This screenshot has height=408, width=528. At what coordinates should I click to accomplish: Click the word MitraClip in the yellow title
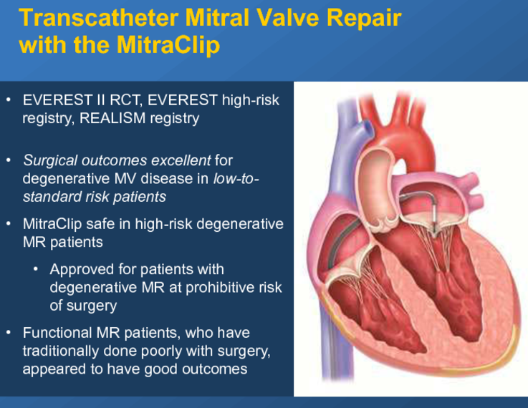[x=168, y=44]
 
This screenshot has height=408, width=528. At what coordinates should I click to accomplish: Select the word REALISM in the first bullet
[x=112, y=118]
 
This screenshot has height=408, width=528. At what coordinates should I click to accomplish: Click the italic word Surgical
[x=50, y=161]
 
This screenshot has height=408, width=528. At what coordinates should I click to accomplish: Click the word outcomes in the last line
[x=214, y=369]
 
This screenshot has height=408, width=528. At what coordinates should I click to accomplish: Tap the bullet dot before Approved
[x=36, y=269]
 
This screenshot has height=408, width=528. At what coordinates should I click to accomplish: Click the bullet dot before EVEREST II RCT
[x=9, y=99]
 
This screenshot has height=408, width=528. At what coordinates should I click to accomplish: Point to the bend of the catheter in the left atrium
[x=431, y=196]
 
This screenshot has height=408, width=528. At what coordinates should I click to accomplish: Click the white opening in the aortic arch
[x=399, y=167]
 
